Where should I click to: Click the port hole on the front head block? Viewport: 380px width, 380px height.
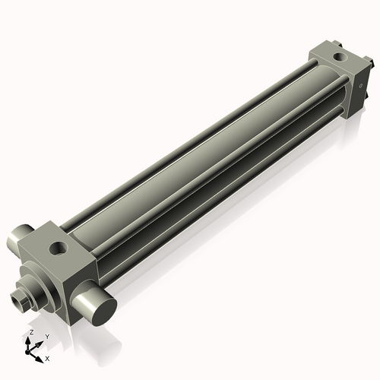tap(59, 248)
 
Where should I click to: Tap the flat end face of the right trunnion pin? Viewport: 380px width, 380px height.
tap(104, 312)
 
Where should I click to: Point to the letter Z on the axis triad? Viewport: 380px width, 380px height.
tap(31, 332)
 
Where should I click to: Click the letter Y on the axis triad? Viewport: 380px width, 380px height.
tap(47, 337)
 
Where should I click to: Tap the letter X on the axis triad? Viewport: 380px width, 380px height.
tap(47, 359)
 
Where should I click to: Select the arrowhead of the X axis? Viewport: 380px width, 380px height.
tap(39, 359)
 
